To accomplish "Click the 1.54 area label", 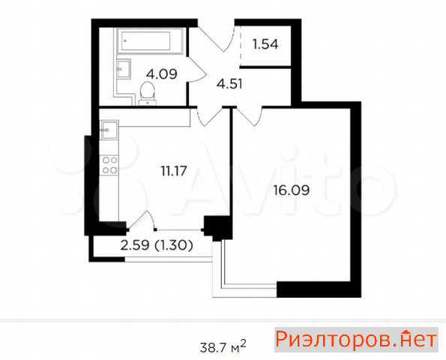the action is (x=265, y=44).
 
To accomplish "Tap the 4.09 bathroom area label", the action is (x=162, y=74).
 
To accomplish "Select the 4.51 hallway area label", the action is (x=229, y=84).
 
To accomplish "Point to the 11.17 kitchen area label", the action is (x=174, y=171).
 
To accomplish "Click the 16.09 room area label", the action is (x=292, y=190).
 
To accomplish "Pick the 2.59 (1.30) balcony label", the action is (x=157, y=245).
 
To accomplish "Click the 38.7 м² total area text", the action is (x=223, y=346).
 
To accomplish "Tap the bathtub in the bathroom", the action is (x=149, y=40).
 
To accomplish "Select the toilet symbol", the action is (x=148, y=94).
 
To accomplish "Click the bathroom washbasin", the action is (x=124, y=69).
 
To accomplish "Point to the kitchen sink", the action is (x=109, y=130).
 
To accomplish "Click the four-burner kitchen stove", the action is (x=109, y=165).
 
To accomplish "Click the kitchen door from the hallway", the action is (x=211, y=118).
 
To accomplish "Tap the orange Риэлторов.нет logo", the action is (x=356, y=340).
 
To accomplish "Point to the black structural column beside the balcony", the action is (x=218, y=228).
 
